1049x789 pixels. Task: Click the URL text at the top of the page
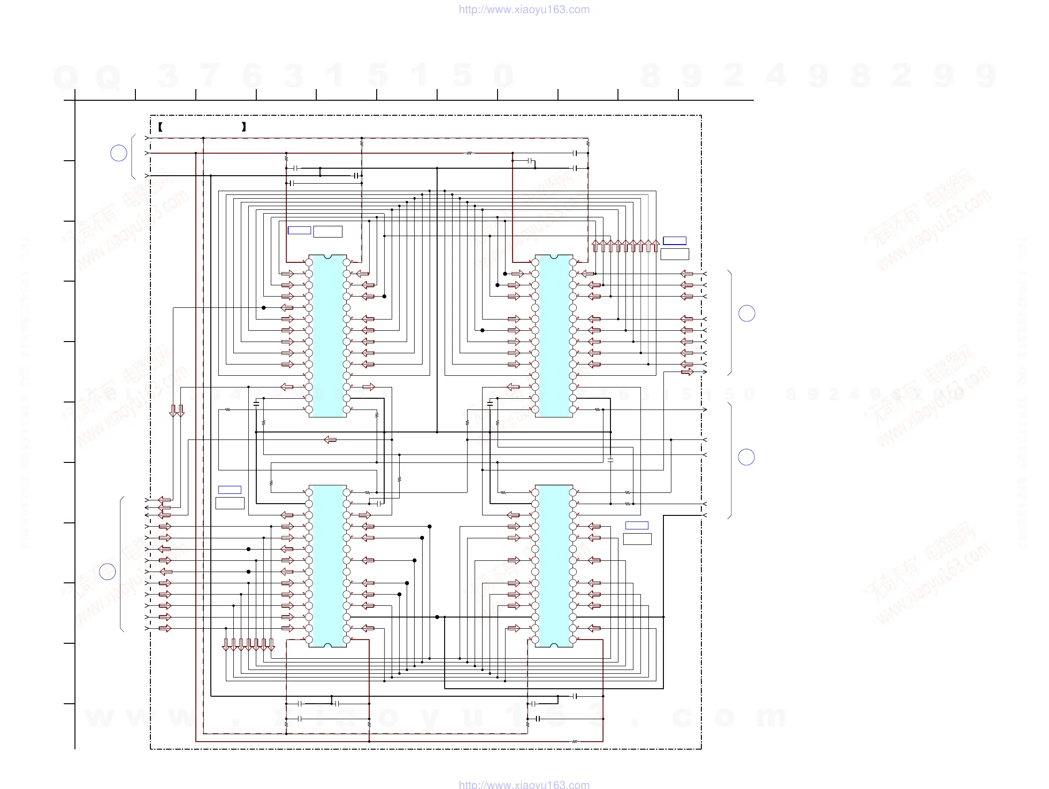pos(524,9)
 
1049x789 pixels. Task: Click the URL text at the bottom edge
pos(524,784)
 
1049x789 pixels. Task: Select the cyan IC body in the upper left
pos(327,336)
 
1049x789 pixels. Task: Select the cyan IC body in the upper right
pos(554,336)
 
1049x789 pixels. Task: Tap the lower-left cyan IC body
pos(327,566)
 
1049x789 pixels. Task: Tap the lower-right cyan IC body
pos(554,566)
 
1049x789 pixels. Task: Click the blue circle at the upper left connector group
pos(119,153)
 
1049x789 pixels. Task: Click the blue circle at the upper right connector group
pos(747,313)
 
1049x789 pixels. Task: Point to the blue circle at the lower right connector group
pos(746,457)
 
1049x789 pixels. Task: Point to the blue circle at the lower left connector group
pos(108,572)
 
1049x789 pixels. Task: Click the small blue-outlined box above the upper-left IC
pos(299,231)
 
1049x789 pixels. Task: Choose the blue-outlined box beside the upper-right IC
pos(674,241)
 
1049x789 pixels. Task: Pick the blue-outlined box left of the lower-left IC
pos(230,490)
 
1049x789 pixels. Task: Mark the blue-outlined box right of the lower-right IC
pos(637,525)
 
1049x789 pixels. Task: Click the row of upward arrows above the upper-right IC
pos(625,246)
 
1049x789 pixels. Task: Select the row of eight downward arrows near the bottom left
pos(248,645)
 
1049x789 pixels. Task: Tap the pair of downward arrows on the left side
pos(177,411)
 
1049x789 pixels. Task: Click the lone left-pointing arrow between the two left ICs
pos(330,440)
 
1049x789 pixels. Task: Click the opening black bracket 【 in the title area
pos(161,127)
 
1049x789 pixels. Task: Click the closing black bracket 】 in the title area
pos(244,127)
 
